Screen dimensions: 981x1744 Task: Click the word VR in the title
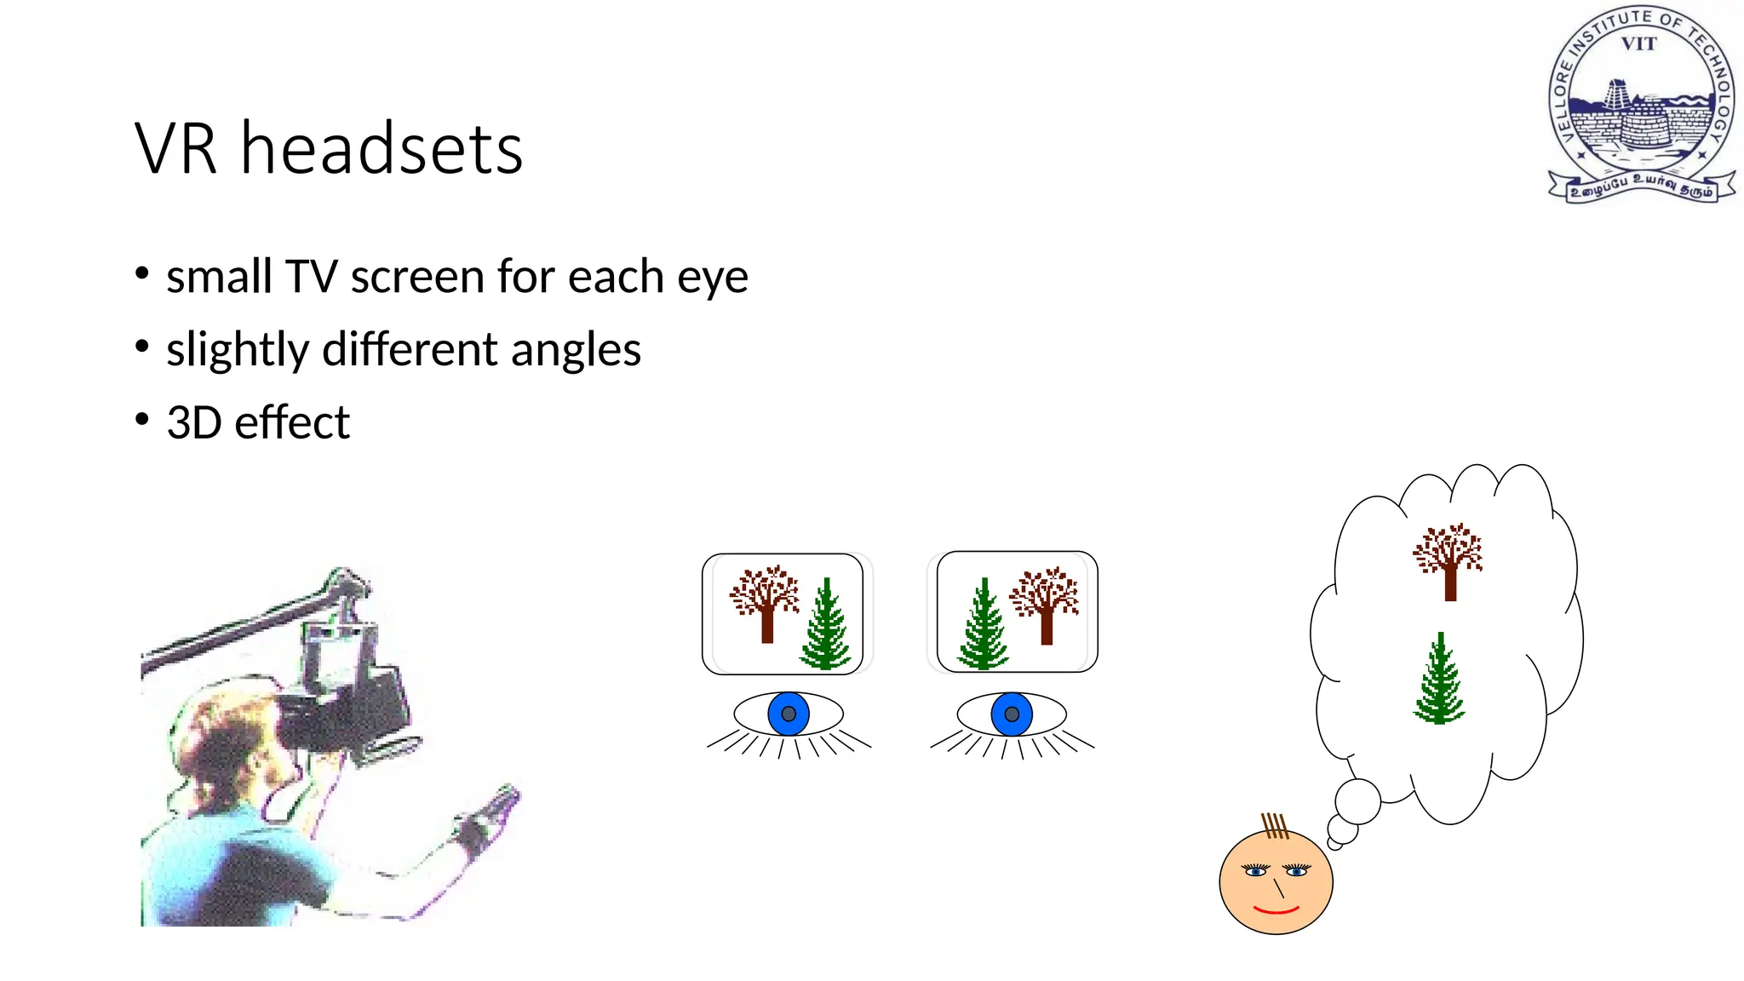pos(175,150)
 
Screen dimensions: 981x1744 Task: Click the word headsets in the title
pos(381,150)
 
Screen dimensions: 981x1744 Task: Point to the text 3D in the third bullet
pos(194,422)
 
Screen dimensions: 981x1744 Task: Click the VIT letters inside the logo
pos(1638,44)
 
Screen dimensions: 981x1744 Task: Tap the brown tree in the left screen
pos(765,601)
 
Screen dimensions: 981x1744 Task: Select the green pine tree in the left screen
pos(825,626)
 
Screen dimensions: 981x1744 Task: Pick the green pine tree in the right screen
pos(984,626)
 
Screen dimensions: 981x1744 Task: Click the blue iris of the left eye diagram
pos(789,714)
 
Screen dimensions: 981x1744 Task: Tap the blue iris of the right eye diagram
pos(1012,714)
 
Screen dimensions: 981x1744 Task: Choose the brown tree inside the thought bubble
pos(1449,560)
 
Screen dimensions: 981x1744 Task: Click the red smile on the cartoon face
pos(1276,910)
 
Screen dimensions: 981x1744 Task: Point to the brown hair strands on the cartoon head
pos(1274,825)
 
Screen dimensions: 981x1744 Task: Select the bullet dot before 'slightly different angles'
pos(142,347)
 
